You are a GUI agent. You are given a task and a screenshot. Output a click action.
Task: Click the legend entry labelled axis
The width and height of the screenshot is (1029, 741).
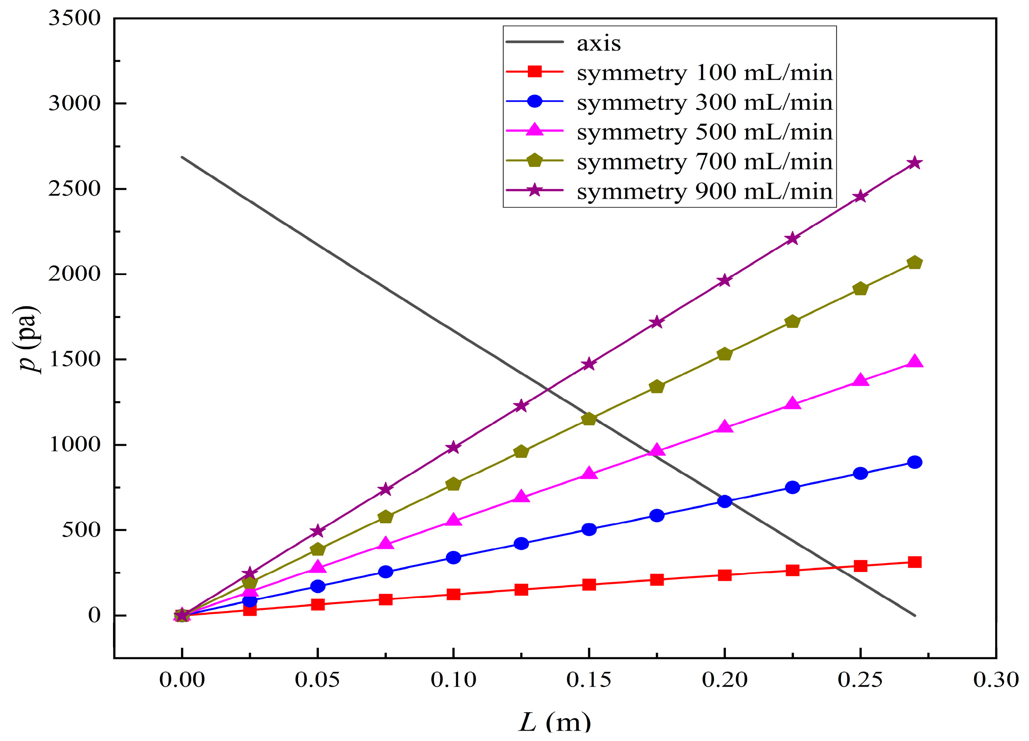(598, 44)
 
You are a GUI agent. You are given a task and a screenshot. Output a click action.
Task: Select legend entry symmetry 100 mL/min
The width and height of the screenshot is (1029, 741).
(704, 73)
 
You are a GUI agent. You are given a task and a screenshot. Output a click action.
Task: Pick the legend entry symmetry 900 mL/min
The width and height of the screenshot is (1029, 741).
(704, 191)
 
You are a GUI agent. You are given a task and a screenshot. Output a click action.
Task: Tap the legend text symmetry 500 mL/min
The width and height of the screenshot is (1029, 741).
(704, 132)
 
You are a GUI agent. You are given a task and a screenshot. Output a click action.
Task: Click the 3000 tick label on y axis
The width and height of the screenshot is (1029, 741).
(74, 104)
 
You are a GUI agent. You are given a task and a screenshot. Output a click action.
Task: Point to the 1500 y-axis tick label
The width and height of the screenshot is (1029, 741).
(74, 359)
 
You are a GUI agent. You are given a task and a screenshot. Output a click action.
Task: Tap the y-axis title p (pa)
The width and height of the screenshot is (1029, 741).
(28, 339)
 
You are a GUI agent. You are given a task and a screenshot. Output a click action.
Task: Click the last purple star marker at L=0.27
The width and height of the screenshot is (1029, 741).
(914, 163)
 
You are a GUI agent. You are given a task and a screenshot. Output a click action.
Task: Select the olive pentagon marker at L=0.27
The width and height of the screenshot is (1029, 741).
(914, 263)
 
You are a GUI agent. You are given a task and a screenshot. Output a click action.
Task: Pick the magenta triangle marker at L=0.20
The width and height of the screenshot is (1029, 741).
(725, 427)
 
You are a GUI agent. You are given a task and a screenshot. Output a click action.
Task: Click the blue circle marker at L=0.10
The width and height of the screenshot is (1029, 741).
(453, 558)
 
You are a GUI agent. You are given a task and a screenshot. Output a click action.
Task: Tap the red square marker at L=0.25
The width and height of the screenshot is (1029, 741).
(860, 566)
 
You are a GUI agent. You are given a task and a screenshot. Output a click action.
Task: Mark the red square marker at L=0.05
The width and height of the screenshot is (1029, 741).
(318, 605)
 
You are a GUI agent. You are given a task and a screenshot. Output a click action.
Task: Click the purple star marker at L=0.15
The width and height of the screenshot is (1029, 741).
(589, 364)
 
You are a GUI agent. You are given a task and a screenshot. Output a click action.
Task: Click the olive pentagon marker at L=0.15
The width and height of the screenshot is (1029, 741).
(589, 419)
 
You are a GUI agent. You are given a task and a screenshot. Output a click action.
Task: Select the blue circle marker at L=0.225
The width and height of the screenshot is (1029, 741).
(792, 487)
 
